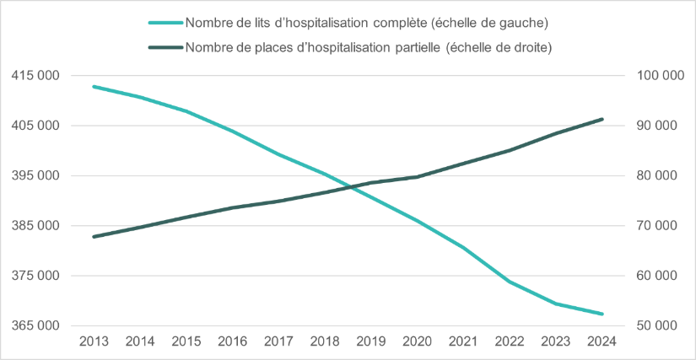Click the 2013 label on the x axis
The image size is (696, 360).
click(x=93, y=341)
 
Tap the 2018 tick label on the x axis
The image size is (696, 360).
click(x=325, y=341)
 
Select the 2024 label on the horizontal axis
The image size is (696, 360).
click(x=602, y=341)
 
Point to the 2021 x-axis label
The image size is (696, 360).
click(x=463, y=341)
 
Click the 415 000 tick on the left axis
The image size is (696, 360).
click(x=35, y=76)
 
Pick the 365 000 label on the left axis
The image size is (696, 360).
click(x=35, y=325)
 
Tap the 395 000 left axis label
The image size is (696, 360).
click(x=35, y=175)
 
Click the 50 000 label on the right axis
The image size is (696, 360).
click(x=662, y=325)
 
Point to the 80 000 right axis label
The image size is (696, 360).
click(x=662, y=175)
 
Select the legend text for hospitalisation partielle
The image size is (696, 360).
click(x=368, y=47)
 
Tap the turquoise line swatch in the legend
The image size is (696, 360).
click(x=165, y=20)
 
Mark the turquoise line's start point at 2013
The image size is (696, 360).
click(x=93, y=86)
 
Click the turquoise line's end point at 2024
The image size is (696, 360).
click(x=602, y=314)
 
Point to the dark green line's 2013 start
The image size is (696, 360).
click(x=93, y=237)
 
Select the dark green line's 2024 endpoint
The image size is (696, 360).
click(x=602, y=119)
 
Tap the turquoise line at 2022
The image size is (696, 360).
click(x=510, y=282)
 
